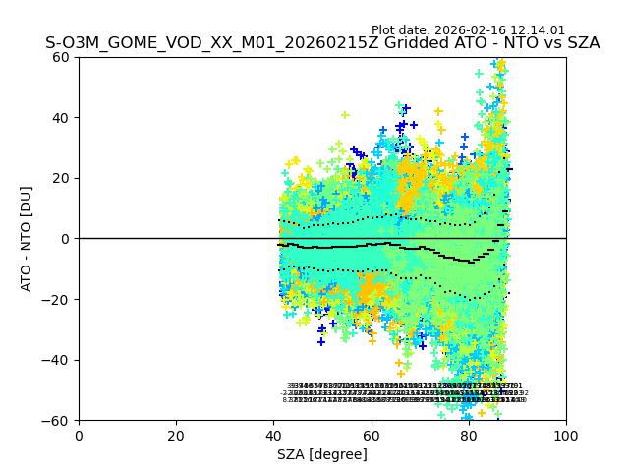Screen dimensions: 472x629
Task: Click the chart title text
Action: point(322,43)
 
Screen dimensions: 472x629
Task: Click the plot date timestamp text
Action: point(468,30)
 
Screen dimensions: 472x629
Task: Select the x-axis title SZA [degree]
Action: point(322,454)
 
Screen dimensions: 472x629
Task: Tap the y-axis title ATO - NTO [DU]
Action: point(28,238)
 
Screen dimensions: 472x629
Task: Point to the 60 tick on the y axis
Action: point(61,57)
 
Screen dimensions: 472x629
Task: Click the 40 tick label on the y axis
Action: point(61,118)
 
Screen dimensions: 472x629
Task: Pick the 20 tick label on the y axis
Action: point(61,178)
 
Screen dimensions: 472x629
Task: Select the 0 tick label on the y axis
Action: point(65,239)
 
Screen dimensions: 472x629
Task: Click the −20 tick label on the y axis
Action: point(57,299)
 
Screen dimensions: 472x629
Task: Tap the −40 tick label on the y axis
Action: point(57,360)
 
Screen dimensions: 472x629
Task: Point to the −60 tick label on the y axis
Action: point(57,420)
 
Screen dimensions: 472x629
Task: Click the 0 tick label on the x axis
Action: point(79,435)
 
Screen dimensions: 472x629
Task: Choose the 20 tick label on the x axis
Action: point(176,435)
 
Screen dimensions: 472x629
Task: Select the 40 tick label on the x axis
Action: point(273,435)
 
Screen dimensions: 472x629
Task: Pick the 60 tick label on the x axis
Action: point(371,435)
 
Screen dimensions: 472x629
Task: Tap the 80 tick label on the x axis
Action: point(469,435)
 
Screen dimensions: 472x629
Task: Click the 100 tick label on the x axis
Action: point(566,435)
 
